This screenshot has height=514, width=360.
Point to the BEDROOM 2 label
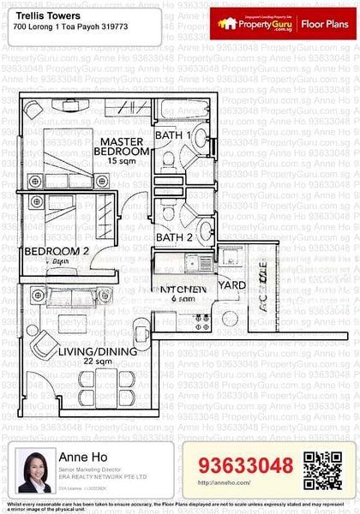pos(57,251)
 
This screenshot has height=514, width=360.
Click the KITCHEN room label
pos(180,290)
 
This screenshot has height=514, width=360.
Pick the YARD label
pos(232,284)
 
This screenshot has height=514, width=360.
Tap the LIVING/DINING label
pos(97,351)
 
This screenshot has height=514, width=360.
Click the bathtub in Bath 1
pos(180,111)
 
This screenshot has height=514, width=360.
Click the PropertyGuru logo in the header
pos(255,24)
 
